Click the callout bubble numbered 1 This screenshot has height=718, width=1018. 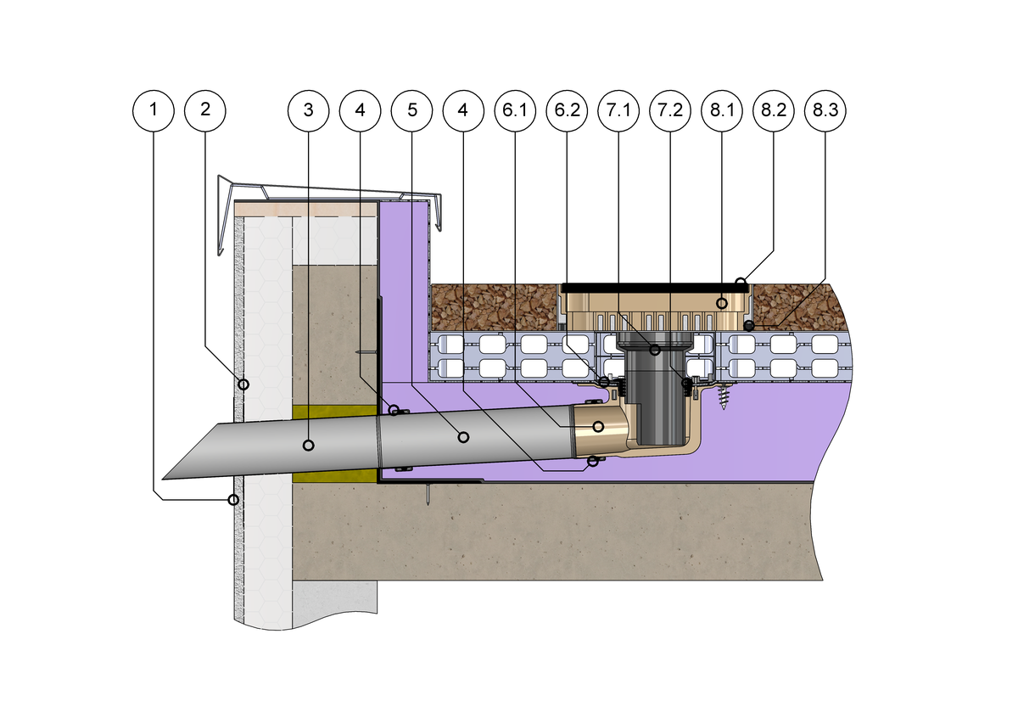tap(154, 109)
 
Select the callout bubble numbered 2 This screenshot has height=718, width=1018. tap(205, 109)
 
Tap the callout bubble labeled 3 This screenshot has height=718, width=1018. tap(308, 109)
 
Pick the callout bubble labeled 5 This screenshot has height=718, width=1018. tap(411, 109)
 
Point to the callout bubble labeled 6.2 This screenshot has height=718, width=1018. tap(567, 109)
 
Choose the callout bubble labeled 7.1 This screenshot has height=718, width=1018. tap(618, 109)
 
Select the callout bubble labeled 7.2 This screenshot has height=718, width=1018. tap(670, 109)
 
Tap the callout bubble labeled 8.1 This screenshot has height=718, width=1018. tap(722, 109)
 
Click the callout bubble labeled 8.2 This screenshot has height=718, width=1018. tap(774, 109)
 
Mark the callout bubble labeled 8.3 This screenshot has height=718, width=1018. tap(825, 109)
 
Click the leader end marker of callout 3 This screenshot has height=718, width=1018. tap(308, 445)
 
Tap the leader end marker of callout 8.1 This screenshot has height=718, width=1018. tap(721, 302)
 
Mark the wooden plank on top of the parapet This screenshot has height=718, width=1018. tap(305, 209)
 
